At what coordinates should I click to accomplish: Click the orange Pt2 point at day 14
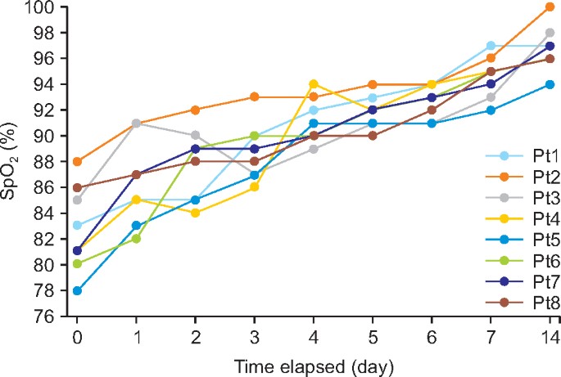click(549, 7)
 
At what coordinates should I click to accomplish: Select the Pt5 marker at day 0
click(77, 290)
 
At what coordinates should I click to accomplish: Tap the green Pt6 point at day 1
click(136, 239)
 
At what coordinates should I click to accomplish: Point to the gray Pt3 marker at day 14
click(549, 33)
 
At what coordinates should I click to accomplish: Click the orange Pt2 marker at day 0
click(77, 162)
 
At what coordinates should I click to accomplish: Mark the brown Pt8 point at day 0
click(77, 187)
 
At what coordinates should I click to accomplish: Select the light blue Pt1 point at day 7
click(490, 46)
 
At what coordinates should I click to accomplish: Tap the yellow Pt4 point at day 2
click(195, 213)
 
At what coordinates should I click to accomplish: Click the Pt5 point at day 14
click(549, 84)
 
